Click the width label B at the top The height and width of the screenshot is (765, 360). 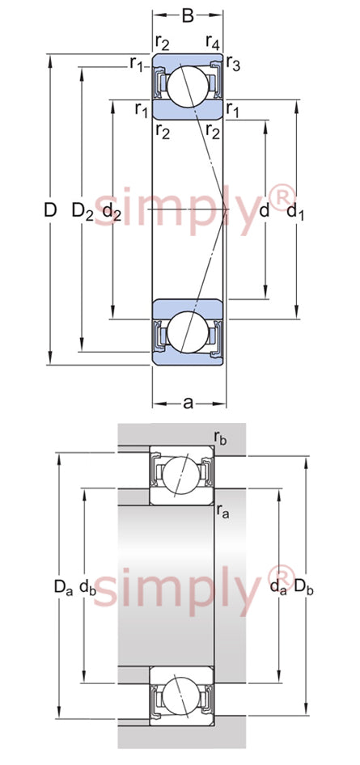pos(188,15)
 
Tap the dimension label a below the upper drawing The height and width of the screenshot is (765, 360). pos(188,404)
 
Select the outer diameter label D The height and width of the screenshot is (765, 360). pos(50,209)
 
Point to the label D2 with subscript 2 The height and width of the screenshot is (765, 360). pos(83,211)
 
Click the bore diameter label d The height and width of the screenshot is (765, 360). pos(265,211)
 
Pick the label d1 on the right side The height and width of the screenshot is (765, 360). pos(294,212)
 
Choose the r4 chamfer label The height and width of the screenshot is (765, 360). pos(212,43)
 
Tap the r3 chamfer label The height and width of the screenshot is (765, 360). pos(233,65)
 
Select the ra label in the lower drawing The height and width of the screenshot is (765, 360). pos(222,512)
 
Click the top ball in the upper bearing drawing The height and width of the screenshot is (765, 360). pos(188,87)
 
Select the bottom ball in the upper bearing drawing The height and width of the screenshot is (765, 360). pos(188,332)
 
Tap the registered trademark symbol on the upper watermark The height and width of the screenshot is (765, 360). pos(282,198)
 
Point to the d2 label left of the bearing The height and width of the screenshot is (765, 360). pos(112,212)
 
